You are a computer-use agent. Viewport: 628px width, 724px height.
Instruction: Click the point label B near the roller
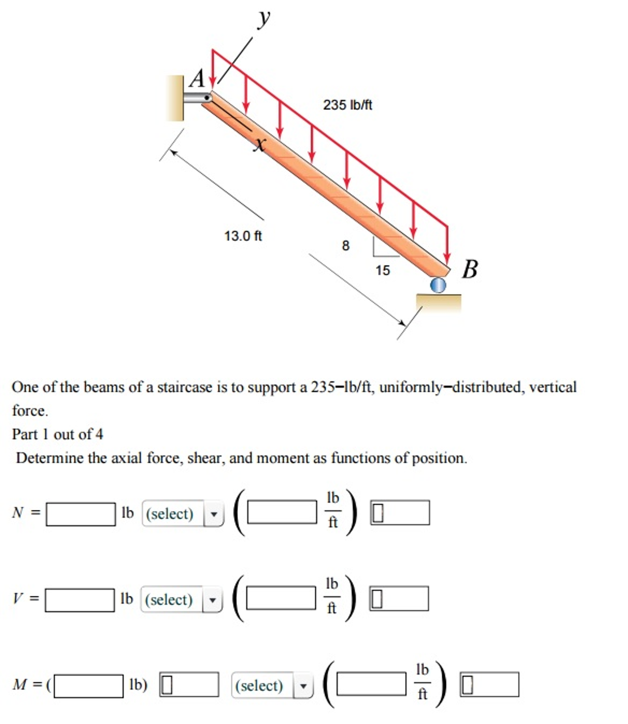pos(470,269)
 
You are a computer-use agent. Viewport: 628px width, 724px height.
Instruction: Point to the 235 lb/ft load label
pos(347,105)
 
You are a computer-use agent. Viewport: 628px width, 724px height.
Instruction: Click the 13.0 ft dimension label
pos(243,236)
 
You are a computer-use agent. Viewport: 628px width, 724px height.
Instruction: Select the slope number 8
pos(345,246)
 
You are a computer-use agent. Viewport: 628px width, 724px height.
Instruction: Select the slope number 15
pos(383,270)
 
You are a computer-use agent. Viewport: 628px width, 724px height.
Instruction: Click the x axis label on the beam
pos(260,144)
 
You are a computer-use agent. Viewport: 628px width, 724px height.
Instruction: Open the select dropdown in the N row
pos(183,513)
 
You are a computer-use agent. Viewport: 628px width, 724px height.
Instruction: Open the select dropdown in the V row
pos(182,599)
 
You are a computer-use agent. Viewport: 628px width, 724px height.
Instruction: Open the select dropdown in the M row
pos(272,685)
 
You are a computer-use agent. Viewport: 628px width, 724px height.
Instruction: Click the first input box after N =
pos(81,514)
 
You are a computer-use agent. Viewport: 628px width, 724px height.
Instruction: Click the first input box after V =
pos(80,600)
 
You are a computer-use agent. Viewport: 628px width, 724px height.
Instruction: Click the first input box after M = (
pos(89,686)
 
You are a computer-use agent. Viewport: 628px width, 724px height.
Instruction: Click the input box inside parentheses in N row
pos(282,512)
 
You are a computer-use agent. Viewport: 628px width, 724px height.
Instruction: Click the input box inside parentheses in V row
pos(281,598)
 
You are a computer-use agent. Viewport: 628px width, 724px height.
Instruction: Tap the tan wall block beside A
pos(175,98)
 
